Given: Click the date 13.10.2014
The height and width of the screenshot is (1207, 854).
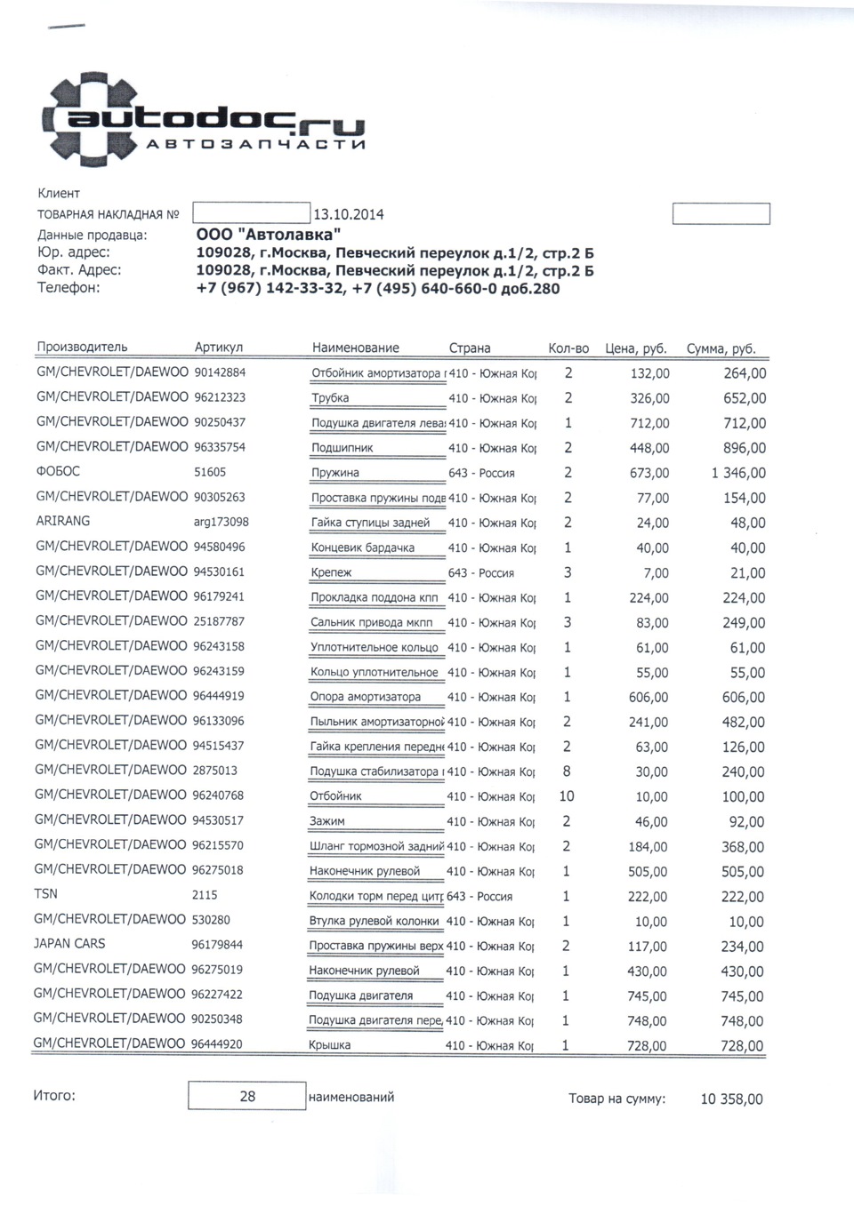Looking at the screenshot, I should pyautogui.click(x=349, y=214).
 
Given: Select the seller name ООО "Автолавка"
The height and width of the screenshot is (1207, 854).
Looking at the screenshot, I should pyautogui.click(x=268, y=234).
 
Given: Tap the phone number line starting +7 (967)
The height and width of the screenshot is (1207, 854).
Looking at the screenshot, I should pyautogui.click(x=377, y=288).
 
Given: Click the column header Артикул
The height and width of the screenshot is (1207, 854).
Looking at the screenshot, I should pyautogui.click(x=219, y=348).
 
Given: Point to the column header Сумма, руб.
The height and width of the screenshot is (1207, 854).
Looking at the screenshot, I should pyautogui.click(x=721, y=349).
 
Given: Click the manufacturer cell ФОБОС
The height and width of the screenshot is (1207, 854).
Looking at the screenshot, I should pyautogui.click(x=58, y=472).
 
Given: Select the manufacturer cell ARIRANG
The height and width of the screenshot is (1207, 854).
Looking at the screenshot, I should pyautogui.click(x=63, y=522).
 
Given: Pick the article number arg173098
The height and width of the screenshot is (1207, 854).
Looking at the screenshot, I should pyautogui.click(x=221, y=523).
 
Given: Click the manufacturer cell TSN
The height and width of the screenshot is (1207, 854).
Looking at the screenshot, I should pyautogui.click(x=45, y=894).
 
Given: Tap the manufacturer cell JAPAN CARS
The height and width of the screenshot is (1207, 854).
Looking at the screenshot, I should pyautogui.click(x=69, y=944).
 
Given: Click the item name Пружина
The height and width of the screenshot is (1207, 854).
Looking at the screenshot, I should pyautogui.click(x=334, y=473).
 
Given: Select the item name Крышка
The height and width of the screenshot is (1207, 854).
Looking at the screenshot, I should pyautogui.click(x=329, y=1045).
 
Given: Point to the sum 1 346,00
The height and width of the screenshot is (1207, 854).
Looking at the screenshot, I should pyautogui.click(x=737, y=474).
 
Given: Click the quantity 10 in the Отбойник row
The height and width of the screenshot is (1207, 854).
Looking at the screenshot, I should pyautogui.click(x=567, y=796).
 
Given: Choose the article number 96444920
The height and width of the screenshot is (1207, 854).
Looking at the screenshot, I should pyautogui.click(x=217, y=1044).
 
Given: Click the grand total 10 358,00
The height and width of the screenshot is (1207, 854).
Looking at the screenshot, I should pyautogui.click(x=731, y=1099).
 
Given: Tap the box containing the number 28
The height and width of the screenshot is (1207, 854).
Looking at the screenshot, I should pyautogui.click(x=246, y=1097).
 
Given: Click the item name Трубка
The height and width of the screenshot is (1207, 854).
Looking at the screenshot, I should pyautogui.click(x=330, y=398).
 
